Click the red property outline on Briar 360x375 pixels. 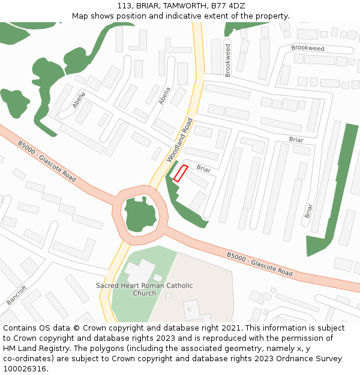tap(181, 173)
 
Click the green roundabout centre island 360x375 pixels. tap(142, 214)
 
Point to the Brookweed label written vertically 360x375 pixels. tap(227, 60)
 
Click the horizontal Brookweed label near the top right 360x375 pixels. tap(307, 48)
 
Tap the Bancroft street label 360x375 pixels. tap(17, 295)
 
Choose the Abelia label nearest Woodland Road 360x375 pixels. tap(164, 96)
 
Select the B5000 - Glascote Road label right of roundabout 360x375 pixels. tap(259, 264)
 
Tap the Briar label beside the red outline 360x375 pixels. tap(204, 169)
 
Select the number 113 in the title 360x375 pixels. tap(124, 5)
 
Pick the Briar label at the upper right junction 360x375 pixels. tap(296, 140)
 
